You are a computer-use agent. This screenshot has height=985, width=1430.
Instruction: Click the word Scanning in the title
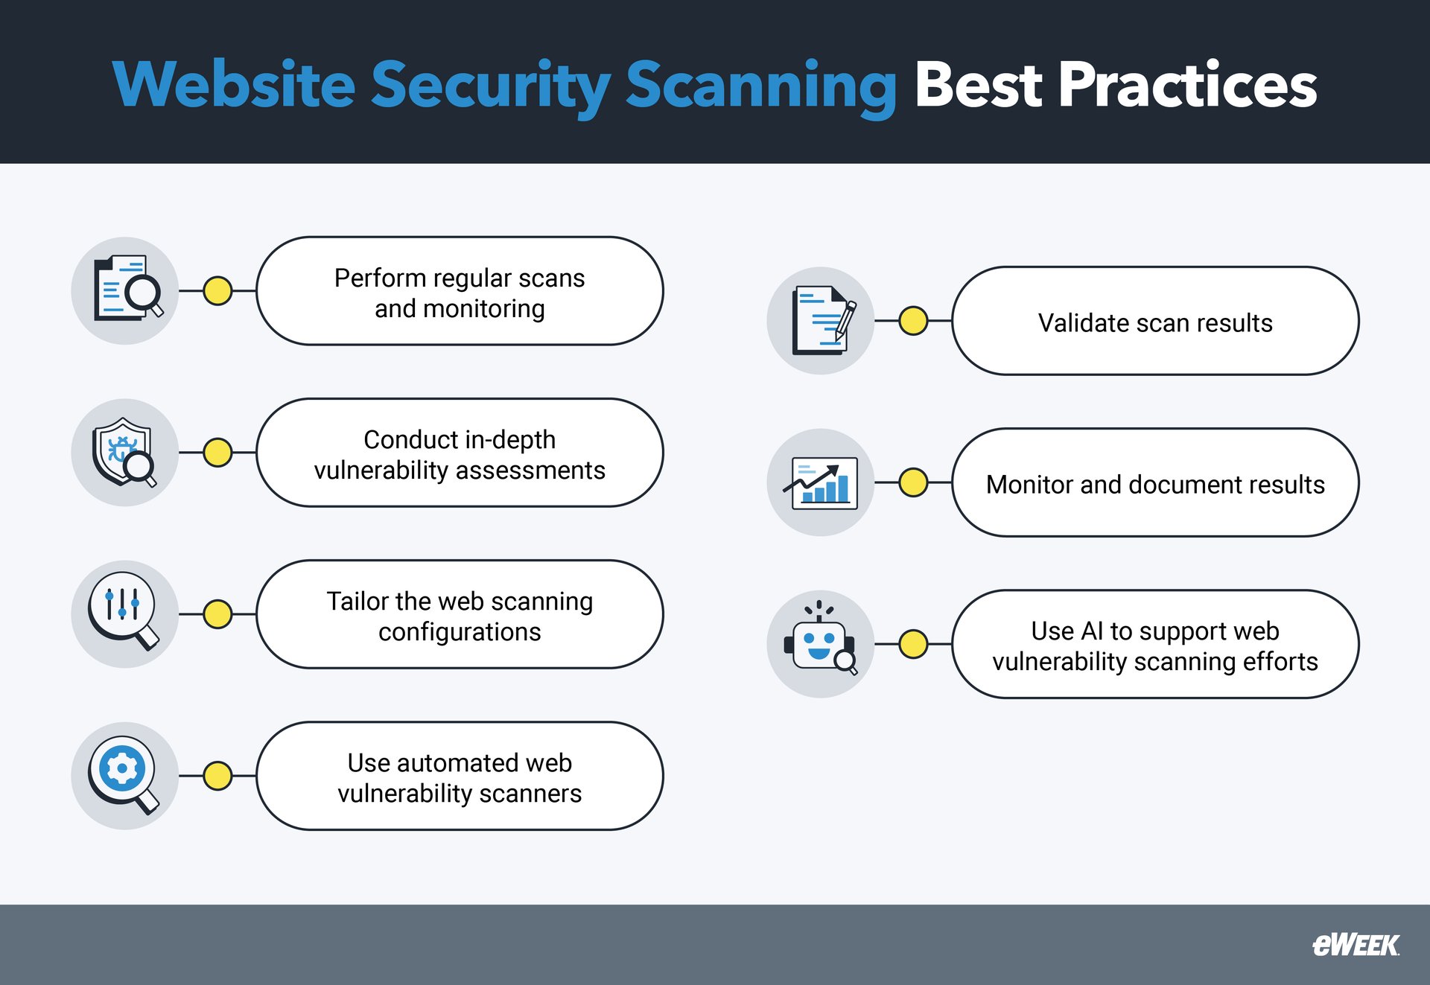pos(760,86)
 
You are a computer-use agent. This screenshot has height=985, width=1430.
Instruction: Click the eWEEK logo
pos(1355,945)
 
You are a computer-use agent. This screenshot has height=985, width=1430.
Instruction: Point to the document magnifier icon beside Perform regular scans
pos(124,290)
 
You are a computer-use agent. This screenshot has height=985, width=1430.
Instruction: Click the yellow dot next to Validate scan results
pos(913,321)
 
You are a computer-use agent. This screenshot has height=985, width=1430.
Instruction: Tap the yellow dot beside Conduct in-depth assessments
pos(217,452)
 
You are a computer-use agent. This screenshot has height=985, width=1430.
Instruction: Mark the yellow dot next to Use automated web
pos(217,775)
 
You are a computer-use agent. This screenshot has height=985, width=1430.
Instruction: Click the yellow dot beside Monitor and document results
pos(913,482)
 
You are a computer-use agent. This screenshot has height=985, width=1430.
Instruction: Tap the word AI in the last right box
pos(1092,631)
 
